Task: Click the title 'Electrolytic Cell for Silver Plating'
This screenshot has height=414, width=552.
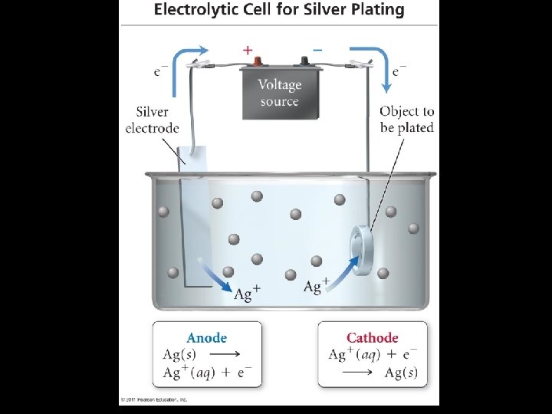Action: pyautogui.click(x=279, y=11)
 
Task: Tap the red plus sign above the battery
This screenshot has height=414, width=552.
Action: pyautogui.click(x=248, y=49)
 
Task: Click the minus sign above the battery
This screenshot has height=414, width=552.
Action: pyautogui.click(x=317, y=49)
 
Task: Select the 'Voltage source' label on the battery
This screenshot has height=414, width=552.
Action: pyautogui.click(x=279, y=92)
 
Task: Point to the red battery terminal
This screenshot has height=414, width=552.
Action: pyautogui.click(x=258, y=61)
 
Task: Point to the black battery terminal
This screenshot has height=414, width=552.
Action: pyautogui.click(x=304, y=61)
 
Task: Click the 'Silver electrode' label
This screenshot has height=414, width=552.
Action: pyautogui.click(x=152, y=120)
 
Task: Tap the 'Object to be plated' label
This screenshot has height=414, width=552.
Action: pyautogui.click(x=406, y=120)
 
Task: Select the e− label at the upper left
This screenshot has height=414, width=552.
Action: pyautogui.click(x=161, y=72)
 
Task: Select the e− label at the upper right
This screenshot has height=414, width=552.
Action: pyautogui.click(x=399, y=71)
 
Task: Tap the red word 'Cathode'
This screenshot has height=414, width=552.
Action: pyautogui.click(x=373, y=337)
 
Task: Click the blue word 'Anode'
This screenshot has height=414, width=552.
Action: pyautogui.click(x=207, y=337)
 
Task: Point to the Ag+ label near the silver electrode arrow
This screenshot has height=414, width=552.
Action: pyautogui.click(x=248, y=294)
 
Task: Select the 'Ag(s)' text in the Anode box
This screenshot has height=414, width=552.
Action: pyautogui.click(x=179, y=354)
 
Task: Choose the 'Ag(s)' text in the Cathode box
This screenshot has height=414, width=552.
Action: pyautogui.click(x=401, y=373)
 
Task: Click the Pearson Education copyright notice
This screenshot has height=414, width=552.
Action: pyautogui.click(x=154, y=399)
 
